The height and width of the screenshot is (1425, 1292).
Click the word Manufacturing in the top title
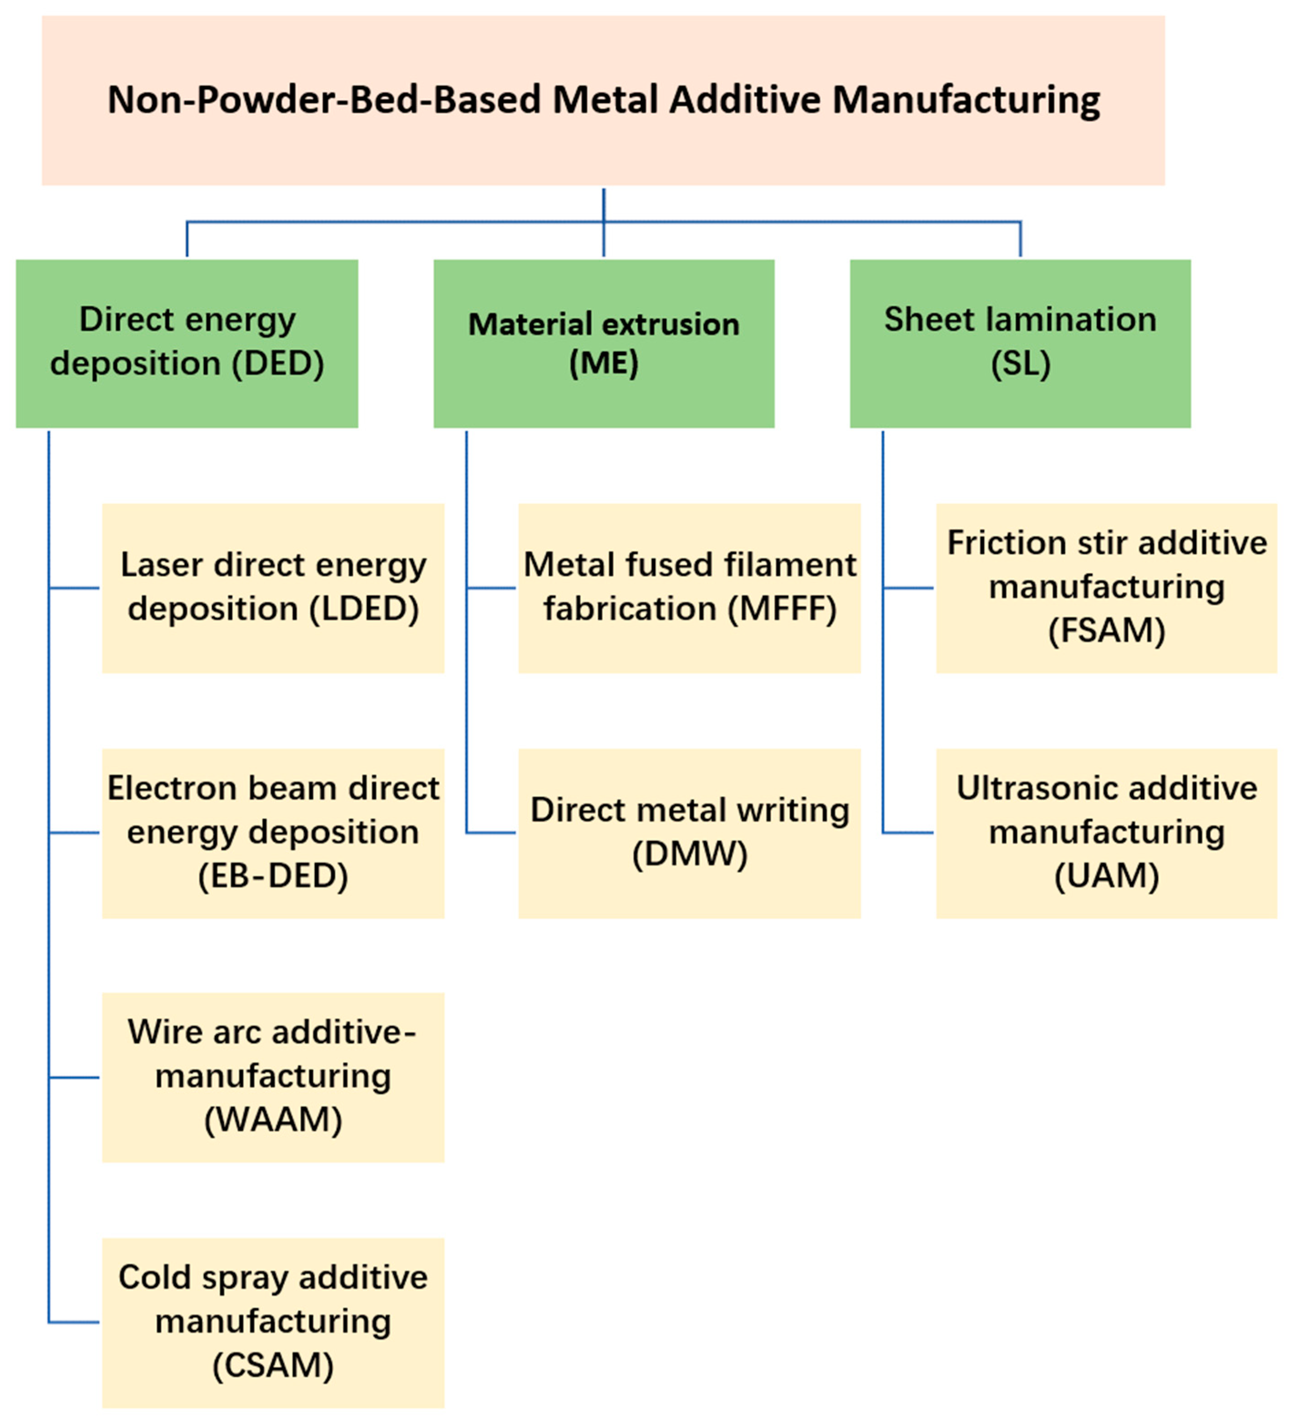966,100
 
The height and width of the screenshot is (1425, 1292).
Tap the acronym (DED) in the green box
278,363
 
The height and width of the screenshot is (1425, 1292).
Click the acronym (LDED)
364,608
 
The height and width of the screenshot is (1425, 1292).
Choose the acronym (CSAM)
273,1365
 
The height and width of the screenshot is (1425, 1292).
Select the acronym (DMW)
689,854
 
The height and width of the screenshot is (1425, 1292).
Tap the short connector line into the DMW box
491,833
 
